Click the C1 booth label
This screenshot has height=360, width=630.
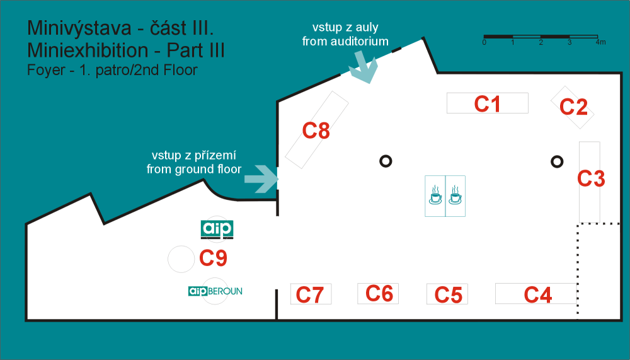pos(487,104)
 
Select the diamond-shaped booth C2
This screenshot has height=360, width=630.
pos(573,107)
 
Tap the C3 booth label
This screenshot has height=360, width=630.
pos(591,178)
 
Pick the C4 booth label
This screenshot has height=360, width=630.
pos(537,295)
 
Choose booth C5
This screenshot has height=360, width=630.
pos(447,294)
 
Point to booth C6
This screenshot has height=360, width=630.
pos(378,294)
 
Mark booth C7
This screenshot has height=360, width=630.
pos(311,294)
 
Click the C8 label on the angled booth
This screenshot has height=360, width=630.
pos(316,131)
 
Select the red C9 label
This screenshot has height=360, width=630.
pos(213,258)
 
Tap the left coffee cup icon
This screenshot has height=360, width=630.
pos(435,195)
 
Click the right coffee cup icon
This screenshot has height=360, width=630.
pos(455,195)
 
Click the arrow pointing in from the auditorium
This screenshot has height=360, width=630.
pos(364,67)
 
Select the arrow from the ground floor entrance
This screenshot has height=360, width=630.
pos(261,178)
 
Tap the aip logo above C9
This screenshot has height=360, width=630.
pos(217,229)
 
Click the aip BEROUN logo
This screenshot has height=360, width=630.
pos(215,291)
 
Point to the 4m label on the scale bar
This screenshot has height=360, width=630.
pos(600,42)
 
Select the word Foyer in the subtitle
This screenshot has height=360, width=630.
pos(46,70)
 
